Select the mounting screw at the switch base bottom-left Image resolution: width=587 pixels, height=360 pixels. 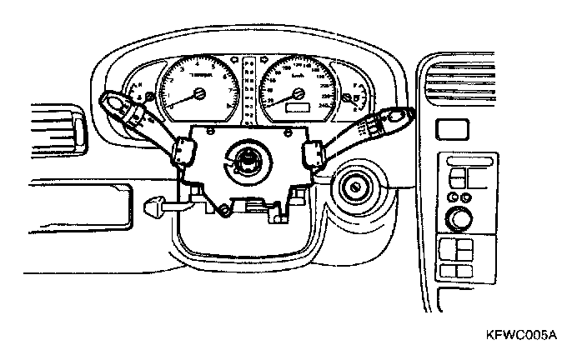(223, 212)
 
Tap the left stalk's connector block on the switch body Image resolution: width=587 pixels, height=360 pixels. (183, 152)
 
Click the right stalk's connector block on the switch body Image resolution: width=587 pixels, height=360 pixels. (314, 153)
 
